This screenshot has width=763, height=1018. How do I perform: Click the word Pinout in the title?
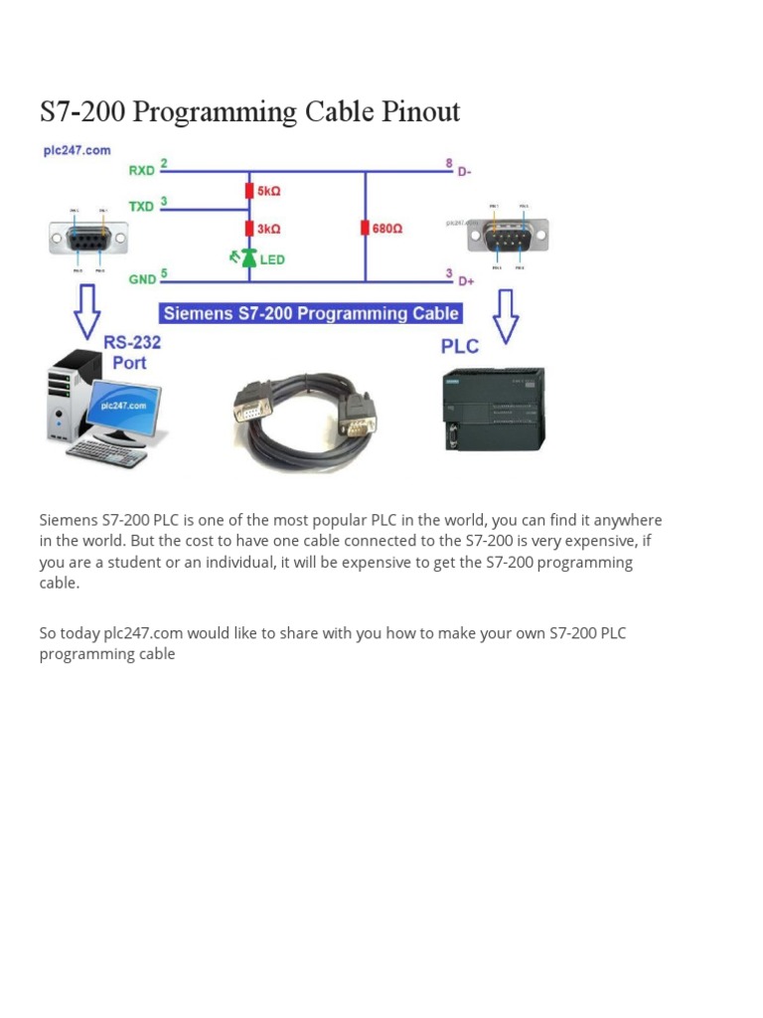pyautogui.click(x=417, y=111)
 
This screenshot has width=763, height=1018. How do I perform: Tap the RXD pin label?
pyautogui.click(x=141, y=170)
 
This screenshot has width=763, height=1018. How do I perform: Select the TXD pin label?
pyautogui.click(x=141, y=207)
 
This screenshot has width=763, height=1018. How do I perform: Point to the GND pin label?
pyautogui.click(x=141, y=279)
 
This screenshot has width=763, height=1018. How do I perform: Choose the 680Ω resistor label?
pyautogui.click(x=387, y=229)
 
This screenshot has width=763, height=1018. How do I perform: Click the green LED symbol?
pyautogui.click(x=248, y=258)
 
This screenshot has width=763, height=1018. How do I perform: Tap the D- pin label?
pyautogui.click(x=464, y=171)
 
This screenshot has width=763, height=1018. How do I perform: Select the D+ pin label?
pyautogui.click(x=465, y=282)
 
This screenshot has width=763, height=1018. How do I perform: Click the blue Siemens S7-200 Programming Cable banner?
pyautogui.click(x=311, y=314)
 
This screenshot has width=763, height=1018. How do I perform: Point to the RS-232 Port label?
pyautogui.click(x=132, y=353)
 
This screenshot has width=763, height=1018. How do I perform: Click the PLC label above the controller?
pyautogui.click(x=459, y=347)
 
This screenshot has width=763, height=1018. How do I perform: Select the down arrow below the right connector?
pyautogui.click(x=506, y=316)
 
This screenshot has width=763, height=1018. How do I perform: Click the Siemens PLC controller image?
pyautogui.click(x=493, y=409)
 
